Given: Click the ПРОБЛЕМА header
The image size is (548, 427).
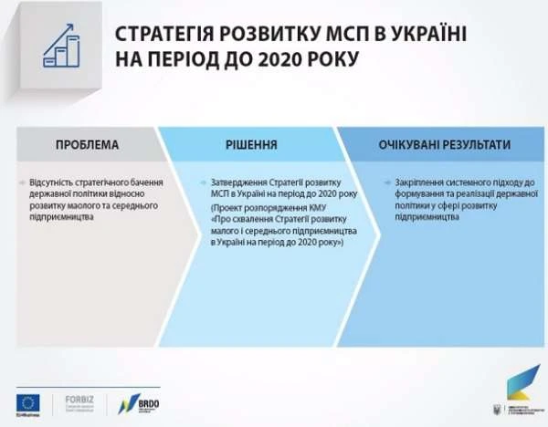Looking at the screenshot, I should [x=87, y=145].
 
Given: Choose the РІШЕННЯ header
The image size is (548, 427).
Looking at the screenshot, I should [x=251, y=145].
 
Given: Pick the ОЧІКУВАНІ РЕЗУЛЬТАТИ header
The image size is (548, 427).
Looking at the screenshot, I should [x=444, y=145].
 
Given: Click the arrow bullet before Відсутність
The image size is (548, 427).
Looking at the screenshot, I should [x=21, y=183].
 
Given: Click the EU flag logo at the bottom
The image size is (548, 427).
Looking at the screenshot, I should [x=28, y=401].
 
